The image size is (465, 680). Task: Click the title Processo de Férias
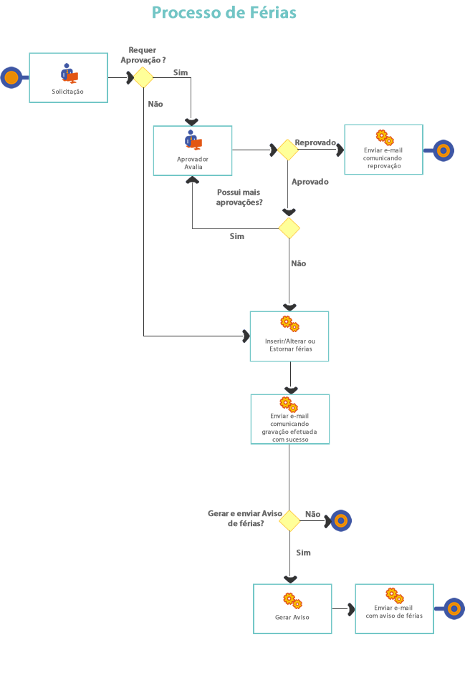pyautogui.click(x=224, y=13)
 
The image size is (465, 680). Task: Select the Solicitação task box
pyautogui.click(x=68, y=77)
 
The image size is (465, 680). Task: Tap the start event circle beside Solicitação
pyautogui.click(x=11, y=77)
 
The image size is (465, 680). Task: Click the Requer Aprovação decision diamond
pyautogui.click(x=143, y=77)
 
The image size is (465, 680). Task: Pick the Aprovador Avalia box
pyautogui.click(x=193, y=150)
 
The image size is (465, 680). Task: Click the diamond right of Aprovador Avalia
pyautogui.click(x=287, y=150)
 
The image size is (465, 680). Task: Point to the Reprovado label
pyautogui.click(x=315, y=142)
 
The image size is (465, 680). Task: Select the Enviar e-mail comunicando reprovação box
pyautogui.click(x=383, y=150)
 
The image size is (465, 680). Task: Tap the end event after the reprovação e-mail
pyautogui.click(x=444, y=150)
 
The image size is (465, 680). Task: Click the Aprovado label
pyautogui.click(x=310, y=182)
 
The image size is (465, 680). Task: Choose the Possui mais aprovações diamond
pyautogui.click(x=289, y=228)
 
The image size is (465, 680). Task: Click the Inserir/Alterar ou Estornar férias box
pyautogui.click(x=289, y=336)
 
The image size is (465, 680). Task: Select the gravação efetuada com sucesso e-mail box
pyautogui.click(x=289, y=419)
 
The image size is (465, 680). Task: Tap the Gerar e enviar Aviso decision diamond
pyautogui.click(x=289, y=521)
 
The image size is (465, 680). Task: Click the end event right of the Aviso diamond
pyautogui.click(x=340, y=521)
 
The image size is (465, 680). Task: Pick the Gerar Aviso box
pyautogui.click(x=292, y=608)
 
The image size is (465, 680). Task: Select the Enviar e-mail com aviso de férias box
pyautogui.click(x=394, y=608)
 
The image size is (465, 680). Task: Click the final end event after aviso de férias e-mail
pyautogui.click(x=454, y=609)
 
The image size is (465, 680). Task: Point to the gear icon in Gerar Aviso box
pyautogui.click(x=292, y=601)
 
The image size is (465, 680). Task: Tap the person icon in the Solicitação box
pyautogui.click(x=69, y=73)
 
